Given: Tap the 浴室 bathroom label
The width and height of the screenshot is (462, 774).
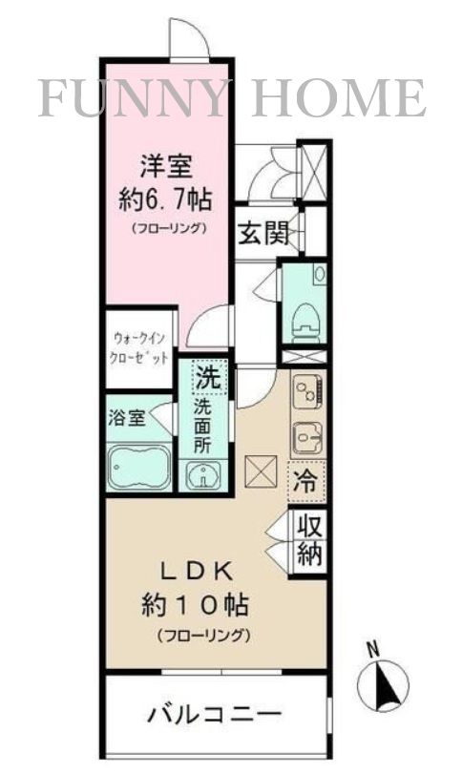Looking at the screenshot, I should pos(127,419).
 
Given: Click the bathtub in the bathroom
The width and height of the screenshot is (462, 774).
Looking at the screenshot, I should pos(139,468).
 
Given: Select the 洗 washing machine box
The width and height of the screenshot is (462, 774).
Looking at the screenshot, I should pos(209,377).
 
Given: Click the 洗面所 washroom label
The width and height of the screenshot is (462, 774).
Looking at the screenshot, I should pos(205,426).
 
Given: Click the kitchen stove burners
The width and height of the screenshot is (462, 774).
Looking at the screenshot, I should pos(308,391).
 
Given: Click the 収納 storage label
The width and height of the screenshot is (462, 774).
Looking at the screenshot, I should pos(307,540).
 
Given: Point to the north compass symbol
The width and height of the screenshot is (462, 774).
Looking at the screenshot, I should pos(383,681).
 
